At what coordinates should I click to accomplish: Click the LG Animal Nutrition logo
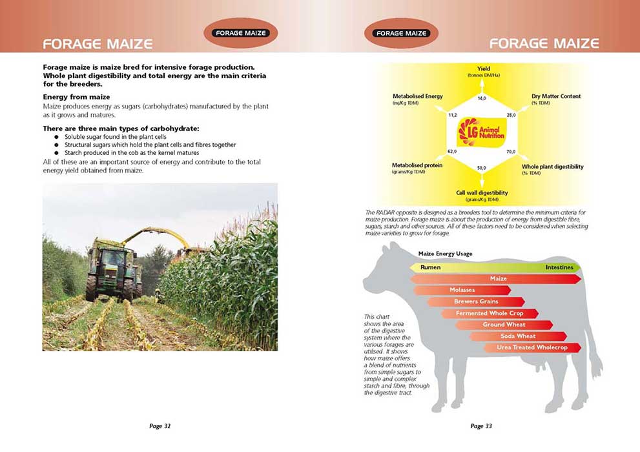(482, 132)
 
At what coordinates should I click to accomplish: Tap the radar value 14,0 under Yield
(482, 98)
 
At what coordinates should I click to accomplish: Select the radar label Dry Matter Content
(556, 96)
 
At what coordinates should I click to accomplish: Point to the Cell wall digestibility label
(482, 192)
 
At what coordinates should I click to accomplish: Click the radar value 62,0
(452, 151)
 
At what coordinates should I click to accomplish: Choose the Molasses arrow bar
(462, 290)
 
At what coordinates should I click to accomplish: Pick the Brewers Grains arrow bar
(476, 302)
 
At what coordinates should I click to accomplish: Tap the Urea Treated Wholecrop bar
(532, 347)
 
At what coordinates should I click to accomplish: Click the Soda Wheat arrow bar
(518, 336)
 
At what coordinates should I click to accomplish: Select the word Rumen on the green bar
(430, 267)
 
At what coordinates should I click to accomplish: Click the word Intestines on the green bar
(559, 267)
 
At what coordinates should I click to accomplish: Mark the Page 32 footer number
(160, 426)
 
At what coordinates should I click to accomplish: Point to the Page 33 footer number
(481, 426)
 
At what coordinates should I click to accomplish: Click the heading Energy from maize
(76, 97)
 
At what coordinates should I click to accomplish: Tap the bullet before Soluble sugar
(57, 137)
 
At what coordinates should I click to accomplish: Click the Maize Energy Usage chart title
(446, 254)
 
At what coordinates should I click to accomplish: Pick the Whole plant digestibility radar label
(553, 167)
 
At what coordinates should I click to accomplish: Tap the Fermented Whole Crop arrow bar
(490, 313)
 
